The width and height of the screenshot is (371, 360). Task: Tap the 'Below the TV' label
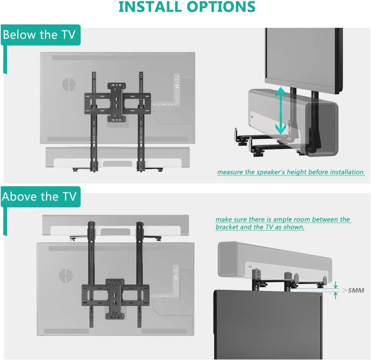[x=39, y=35]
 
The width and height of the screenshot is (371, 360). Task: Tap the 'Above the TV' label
[x=39, y=197]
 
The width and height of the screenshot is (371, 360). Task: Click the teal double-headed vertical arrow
[x=281, y=110]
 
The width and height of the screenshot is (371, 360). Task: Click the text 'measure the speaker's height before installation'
[x=290, y=172]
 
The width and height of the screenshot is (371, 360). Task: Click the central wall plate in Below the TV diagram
[x=117, y=102]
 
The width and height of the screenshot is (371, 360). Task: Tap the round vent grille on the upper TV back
[x=69, y=84]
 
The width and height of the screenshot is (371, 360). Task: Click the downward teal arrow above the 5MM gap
[x=335, y=285]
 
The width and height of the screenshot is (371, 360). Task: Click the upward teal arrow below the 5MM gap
[x=335, y=295]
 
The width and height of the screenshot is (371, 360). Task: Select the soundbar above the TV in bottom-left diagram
[x=115, y=225]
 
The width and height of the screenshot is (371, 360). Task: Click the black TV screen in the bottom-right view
[x=268, y=325]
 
